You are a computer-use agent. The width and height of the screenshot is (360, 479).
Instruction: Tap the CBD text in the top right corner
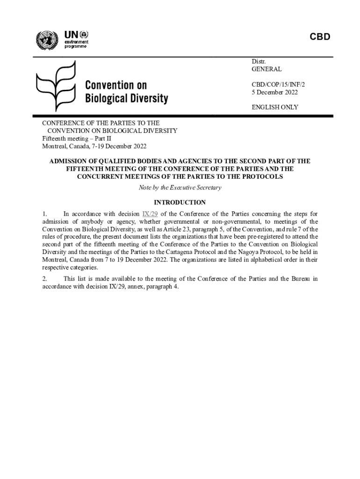320,37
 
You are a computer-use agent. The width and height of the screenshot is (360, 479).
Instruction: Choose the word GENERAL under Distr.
266,69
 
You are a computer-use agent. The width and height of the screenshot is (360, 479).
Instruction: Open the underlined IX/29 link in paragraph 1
150,215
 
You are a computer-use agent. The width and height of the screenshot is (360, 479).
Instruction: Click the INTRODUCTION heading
180,203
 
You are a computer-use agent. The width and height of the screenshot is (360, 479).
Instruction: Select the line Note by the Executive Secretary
180,188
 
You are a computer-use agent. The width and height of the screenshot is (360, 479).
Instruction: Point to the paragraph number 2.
44,279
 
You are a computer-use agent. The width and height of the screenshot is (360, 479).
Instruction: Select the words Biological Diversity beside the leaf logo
126,99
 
